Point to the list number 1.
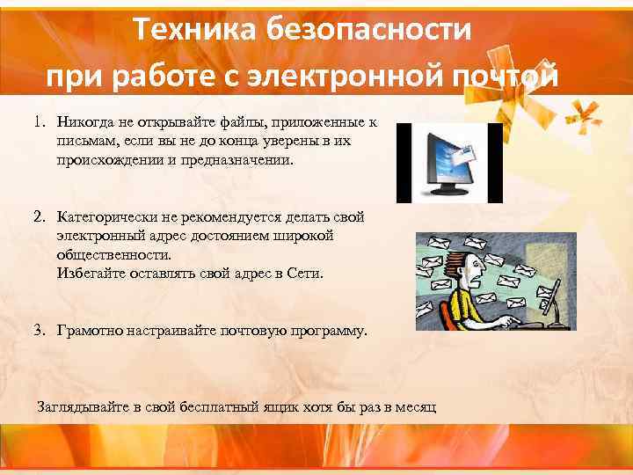click(x=39, y=123)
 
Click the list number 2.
click(x=39, y=216)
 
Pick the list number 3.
click(x=39, y=331)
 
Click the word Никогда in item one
click(x=85, y=123)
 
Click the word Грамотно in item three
click(x=91, y=331)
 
